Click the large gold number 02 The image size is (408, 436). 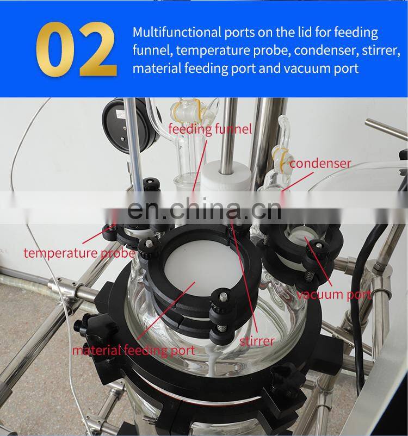(x=76, y=49)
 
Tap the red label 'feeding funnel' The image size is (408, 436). (x=210, y=129)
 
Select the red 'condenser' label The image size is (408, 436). (x=320, y=164)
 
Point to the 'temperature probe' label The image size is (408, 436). (x=79, y=253)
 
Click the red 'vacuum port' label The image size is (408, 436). (x=334, y=294)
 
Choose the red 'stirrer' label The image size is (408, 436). (x=257, y=341)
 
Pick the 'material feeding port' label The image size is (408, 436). (x=134, y=350)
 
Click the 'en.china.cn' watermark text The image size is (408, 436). (x=204, y=209)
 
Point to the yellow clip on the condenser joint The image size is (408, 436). (x=282, y=157)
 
